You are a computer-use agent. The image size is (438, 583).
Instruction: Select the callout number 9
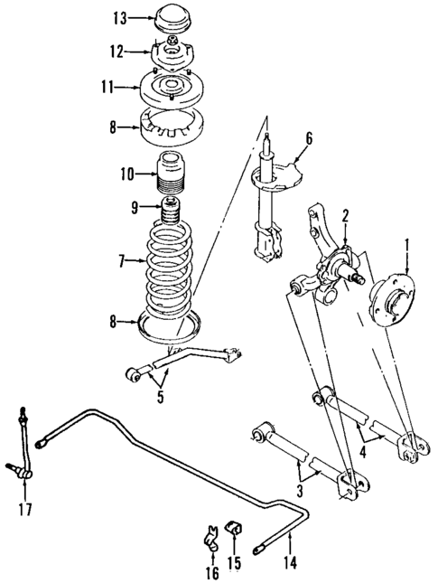click(135, 208)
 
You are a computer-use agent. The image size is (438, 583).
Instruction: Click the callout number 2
click(344, 214)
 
